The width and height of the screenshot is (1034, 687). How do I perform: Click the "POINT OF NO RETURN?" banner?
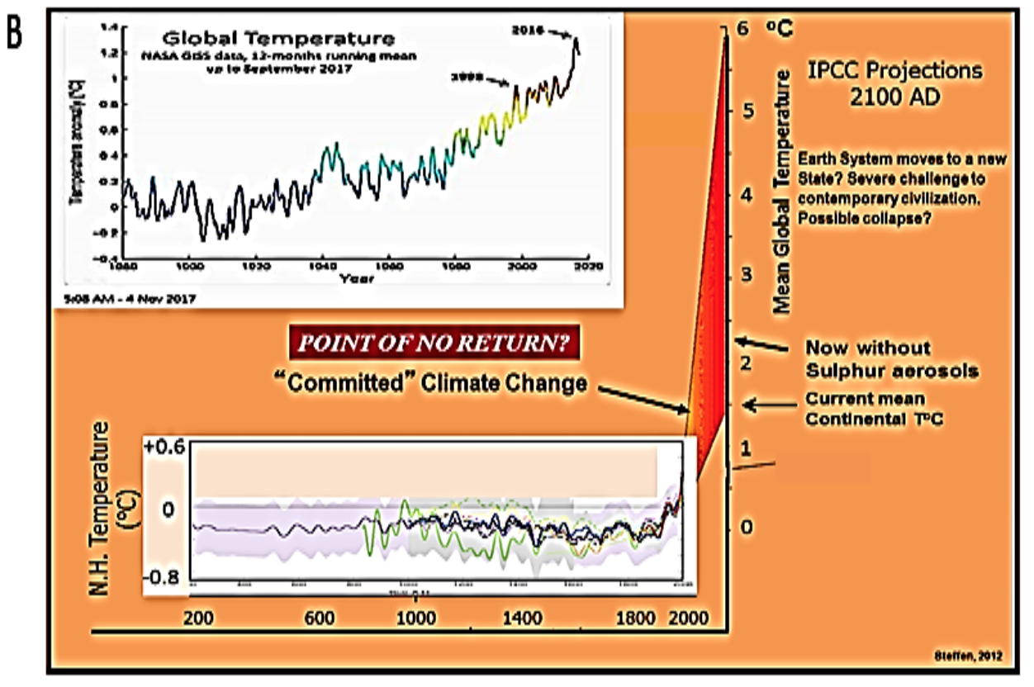click(x=436, y=343)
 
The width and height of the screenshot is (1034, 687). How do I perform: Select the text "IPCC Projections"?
click(x=896, y=71)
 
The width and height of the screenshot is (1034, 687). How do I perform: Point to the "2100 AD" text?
click(x=896, y=97)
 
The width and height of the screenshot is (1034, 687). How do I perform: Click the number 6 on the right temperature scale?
click(x=747, y=29)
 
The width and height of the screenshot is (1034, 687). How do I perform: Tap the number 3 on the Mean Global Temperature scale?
click(x=747, y=275)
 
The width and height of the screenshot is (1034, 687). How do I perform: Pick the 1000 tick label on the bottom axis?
click(x=410, y=618)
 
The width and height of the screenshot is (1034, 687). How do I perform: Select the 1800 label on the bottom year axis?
click(x=632, y=618)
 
